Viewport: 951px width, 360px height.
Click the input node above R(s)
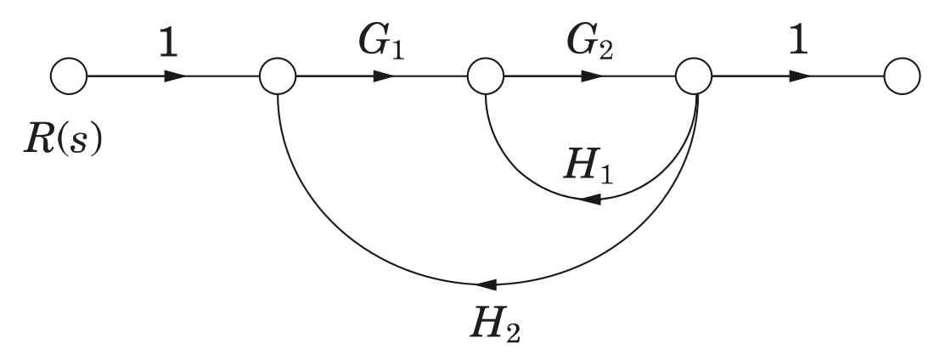tap(69, 76)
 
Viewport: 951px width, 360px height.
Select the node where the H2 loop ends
tap(278, 76)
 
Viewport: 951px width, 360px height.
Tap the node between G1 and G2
tap(485, 76)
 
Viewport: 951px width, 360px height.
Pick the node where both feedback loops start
tap(693, 76)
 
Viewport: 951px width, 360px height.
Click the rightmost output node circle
tap(902, 76)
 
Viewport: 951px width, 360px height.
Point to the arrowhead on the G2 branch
tap(592, 76)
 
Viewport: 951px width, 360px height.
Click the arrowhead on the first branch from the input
tap(175, 76)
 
